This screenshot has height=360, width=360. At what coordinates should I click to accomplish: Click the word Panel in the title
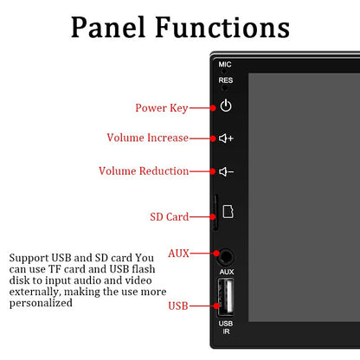tap(108, 28)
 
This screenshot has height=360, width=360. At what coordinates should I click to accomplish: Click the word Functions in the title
tap(222, 28)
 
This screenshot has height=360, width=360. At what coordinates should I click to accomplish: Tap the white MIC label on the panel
tap(225, 64)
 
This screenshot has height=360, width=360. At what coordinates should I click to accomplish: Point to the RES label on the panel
tap(226, 80)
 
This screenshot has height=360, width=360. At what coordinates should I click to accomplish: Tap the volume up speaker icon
tap(226, 138)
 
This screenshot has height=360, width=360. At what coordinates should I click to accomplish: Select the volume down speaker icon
tap(226, 172)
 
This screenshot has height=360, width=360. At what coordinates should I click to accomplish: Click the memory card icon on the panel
tap(228, 212)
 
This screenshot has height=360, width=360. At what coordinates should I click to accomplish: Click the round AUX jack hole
tap(226, 257)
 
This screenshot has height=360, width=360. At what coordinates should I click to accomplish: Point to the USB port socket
tap(226, 297)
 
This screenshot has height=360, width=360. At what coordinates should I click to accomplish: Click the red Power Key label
tap(162, 108)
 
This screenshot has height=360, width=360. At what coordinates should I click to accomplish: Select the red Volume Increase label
tap(148, 138)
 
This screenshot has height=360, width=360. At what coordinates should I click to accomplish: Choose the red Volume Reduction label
tap(144, 171)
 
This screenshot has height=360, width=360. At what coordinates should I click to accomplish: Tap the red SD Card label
tap(170, 217)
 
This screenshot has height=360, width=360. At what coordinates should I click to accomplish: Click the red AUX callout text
tap(178, 254)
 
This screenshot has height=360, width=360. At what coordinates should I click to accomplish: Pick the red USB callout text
tap(178, 305)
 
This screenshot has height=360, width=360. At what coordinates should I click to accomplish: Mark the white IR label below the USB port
tap(226, 331)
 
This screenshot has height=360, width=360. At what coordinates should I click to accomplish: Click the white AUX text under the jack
tap(227, 272)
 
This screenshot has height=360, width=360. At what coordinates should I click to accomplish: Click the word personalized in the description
tap(41, 304)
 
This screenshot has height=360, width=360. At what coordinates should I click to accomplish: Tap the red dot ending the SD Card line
tap(213, 216)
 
